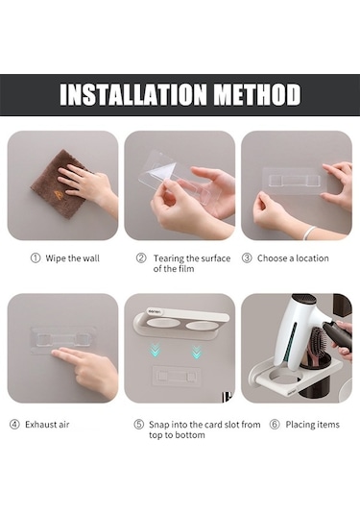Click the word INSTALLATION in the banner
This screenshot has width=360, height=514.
click(133, 94)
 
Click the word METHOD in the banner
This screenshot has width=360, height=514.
click(257, 94)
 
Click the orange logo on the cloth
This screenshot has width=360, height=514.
click(58, 194)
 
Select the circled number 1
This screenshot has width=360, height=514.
click(36, 258)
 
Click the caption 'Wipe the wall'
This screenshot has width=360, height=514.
click(72, 258)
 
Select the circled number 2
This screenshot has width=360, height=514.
click(141, 258)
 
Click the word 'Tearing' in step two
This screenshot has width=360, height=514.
click(168, 258)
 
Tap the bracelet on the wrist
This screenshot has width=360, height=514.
click(308, 233)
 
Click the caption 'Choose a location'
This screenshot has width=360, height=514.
click(293, 258)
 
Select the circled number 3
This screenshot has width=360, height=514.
click(247, 258)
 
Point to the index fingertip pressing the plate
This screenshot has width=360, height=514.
click(55, 354)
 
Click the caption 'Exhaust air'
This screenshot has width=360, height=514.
click(47, 425)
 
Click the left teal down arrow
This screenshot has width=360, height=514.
click(156, 350)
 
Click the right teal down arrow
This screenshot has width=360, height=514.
click(196, 352)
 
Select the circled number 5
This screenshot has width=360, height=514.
click(139, 425)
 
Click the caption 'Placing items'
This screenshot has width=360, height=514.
click(313, 425)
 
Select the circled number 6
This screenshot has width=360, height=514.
click(275, 425)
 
